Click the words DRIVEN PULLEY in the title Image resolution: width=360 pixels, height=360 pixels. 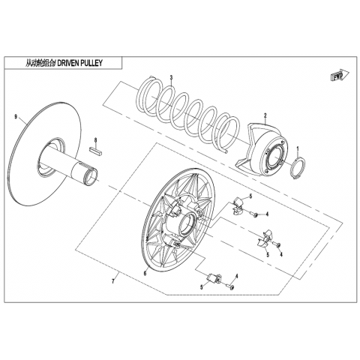(x=80, y=63)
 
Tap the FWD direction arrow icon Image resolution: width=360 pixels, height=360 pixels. (x=340, y=75)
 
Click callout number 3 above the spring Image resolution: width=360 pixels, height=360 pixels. (x=171, y=77)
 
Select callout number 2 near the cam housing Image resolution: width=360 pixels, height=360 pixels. (x=265, y=115)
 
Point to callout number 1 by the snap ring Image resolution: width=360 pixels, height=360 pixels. (x=298, y=149)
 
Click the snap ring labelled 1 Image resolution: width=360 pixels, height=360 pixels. (x=298, y=168)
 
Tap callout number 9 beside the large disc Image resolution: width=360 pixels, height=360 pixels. (x=16, y=117)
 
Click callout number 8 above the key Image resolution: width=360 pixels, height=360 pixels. (x=95, y=140)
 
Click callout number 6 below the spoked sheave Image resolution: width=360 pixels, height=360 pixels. (x=145, y=273)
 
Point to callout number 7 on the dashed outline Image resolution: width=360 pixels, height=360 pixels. (x=113, y=282)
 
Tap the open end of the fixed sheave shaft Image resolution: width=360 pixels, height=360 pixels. (x=91, y=177)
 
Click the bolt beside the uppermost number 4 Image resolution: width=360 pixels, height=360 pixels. (x=253, y=214)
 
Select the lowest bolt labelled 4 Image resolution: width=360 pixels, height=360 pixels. (x=229, y=286)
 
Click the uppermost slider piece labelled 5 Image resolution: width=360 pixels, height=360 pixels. (x=238, y=205)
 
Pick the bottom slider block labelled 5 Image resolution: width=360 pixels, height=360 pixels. (x=213, y=277)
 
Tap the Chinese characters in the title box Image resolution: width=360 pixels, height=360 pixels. (x=40, y=63)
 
